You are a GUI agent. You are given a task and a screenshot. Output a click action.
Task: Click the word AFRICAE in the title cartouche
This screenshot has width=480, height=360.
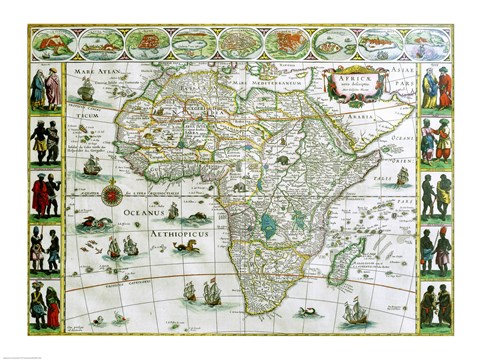[x=355, y=79]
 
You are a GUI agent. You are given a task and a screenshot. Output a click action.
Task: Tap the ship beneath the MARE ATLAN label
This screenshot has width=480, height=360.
[x=87, y=95]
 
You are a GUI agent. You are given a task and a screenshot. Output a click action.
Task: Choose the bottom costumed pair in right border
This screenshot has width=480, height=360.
[x=436, y=304]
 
